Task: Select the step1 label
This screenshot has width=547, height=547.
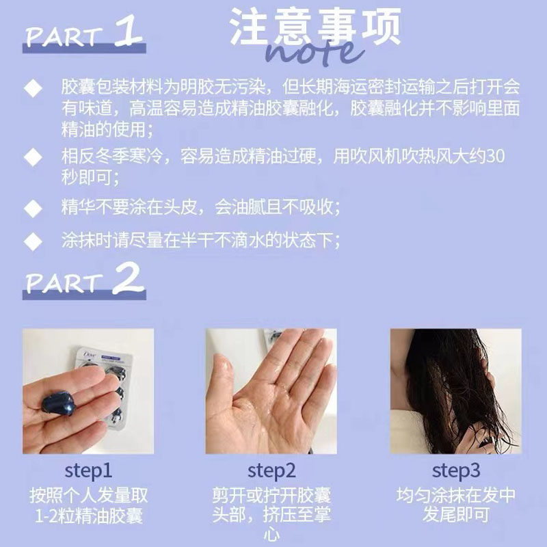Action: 89,471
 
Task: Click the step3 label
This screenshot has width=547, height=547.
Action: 456,471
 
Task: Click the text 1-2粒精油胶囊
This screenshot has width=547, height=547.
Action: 89,515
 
